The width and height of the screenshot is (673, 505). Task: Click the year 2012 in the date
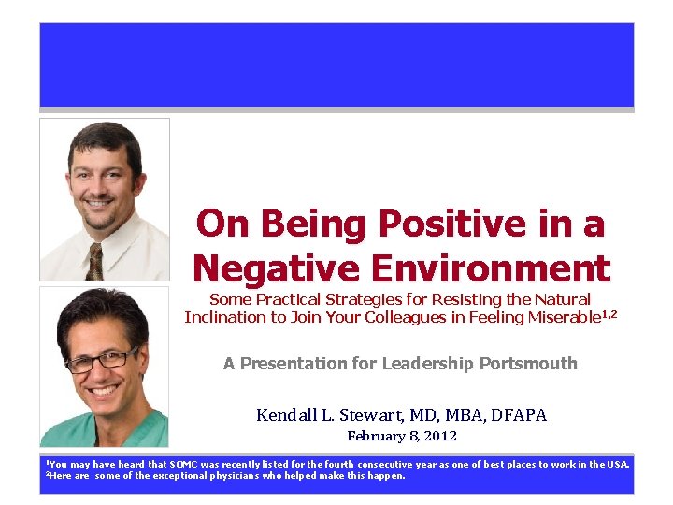tap(441, 436)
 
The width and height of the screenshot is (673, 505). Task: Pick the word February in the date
tap(375, 436)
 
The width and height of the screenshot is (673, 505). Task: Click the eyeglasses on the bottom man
tap(101, 361)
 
